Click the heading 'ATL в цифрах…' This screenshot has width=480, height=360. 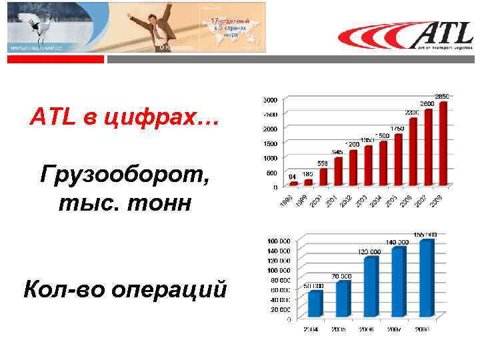(123, 119)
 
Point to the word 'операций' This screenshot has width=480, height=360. (171, 289)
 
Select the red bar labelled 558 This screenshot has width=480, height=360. (323, 176)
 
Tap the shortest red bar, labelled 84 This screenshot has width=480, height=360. (293, 183)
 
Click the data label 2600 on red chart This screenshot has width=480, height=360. (427, 104)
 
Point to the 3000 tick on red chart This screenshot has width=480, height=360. (271, 100)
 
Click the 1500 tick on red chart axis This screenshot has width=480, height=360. (271, 143)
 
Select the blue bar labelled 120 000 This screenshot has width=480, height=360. (371, 287)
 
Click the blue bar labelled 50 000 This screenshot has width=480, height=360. (315, 303)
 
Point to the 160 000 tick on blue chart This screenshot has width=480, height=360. (279, 241)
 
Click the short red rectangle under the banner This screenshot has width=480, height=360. (56, 59)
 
